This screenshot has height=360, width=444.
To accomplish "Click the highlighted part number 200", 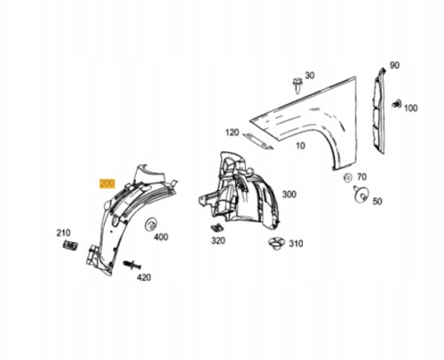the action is (107, 184).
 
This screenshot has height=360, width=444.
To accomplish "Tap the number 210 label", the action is (63, 233).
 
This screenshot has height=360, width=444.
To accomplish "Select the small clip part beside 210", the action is (70, 245).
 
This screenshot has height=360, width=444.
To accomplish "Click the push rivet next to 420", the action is (131, 265).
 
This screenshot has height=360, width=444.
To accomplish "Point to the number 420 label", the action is (144, 277).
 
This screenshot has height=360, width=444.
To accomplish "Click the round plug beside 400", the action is (151, 225).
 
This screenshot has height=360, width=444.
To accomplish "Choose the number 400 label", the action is (161, 237).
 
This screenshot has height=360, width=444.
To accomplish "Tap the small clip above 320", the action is (218, 228).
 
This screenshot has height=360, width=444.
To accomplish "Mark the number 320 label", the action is (218, 241).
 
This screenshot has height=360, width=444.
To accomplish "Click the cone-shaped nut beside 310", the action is (277, 244).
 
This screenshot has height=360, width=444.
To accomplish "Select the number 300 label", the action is (289, 195).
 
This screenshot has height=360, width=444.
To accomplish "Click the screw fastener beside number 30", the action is (297, 85).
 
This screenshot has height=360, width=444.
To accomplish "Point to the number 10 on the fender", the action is (300, 146).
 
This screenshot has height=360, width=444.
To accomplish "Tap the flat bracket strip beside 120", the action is (258, 141).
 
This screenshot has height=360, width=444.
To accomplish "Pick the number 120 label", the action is (232, 132).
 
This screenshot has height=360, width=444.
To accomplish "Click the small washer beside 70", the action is (347, 178).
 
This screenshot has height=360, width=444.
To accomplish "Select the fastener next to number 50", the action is (361, 194).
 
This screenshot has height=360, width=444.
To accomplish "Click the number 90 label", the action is (394, 65).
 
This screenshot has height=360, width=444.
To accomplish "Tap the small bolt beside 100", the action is (396, 104).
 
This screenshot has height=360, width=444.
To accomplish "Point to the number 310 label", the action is (296, 244).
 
